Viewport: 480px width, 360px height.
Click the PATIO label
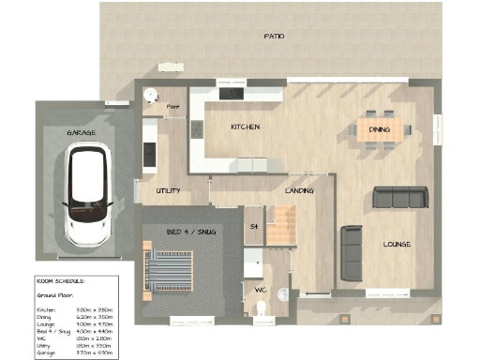pyautogui.click(x=274, y=37)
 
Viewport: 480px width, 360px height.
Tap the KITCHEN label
pyautogui.click(x=245, y=127)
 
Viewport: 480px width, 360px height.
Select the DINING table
pyautogui.click(x=380, y=130)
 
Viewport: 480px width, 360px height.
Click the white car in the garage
pyautogui.click(x=87, y=198)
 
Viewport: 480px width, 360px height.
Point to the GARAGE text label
pyautogui.click(x=81, y=133)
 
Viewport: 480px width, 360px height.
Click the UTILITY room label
pyautogui.click(x=168, y=190)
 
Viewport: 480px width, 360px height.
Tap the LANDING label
pyautogui.click(x=299, y=190)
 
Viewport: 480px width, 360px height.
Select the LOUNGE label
pyautogui.click(x=397, y=244)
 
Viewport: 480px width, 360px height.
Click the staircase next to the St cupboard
pyautogui.click(x=280, y=226)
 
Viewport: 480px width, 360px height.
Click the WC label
pyautogui.click(x=261, y=290)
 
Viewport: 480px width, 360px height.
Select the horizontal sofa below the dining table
pyautogui.click(x=400, y=197)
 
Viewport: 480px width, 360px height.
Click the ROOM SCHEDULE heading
pyautogui.click(x=60, y=280)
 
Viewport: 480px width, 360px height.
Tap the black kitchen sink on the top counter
pyautogui.click(x=231, y=92)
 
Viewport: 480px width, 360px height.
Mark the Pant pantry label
pyautogui.click(x=172, y=107)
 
